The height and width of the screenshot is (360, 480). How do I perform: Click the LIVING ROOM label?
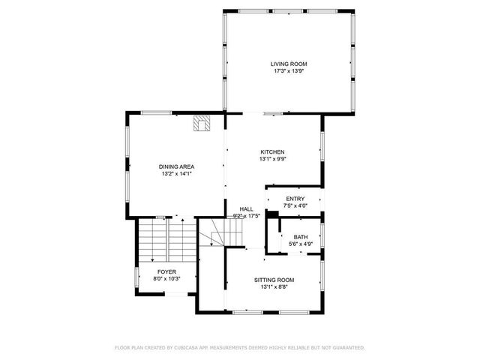tap(289, 64)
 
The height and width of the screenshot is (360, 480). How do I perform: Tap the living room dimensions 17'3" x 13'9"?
tap(289, 72)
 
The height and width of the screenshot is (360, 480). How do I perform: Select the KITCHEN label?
tap(272, 151)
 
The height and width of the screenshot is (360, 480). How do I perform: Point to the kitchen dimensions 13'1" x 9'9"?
tap(272, 159)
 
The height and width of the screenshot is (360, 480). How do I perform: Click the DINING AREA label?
tap(176, 166)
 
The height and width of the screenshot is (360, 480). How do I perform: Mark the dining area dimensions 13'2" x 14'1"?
tap(176, 174)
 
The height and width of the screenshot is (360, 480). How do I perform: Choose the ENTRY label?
tap(295, 199)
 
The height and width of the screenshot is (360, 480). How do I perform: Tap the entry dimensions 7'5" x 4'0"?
tap(295, 206)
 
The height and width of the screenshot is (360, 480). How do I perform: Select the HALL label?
tap(246, 209)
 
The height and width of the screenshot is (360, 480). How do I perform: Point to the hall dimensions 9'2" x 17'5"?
tap(246, 217)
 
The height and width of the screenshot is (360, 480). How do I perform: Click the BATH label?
tap(301, 236)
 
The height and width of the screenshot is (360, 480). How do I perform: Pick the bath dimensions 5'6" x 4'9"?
tap(301, 244)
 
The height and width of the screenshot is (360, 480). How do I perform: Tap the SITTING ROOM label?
tap(273, 280)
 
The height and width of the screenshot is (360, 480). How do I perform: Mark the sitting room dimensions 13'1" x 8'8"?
tap(273, 287)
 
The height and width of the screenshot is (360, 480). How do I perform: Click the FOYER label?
tap(166, 271)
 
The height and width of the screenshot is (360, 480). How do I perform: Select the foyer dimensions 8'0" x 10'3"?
tap(166, 278)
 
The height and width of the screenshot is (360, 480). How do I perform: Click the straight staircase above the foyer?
tap(160, 238)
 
